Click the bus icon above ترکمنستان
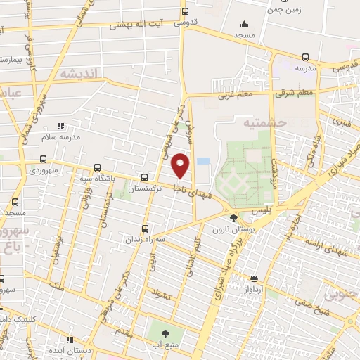pos(144,177)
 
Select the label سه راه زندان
pos(146,239)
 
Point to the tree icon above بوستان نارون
pos(233,219)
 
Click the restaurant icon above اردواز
pos(254,278)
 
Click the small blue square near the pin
pos(203,161)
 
